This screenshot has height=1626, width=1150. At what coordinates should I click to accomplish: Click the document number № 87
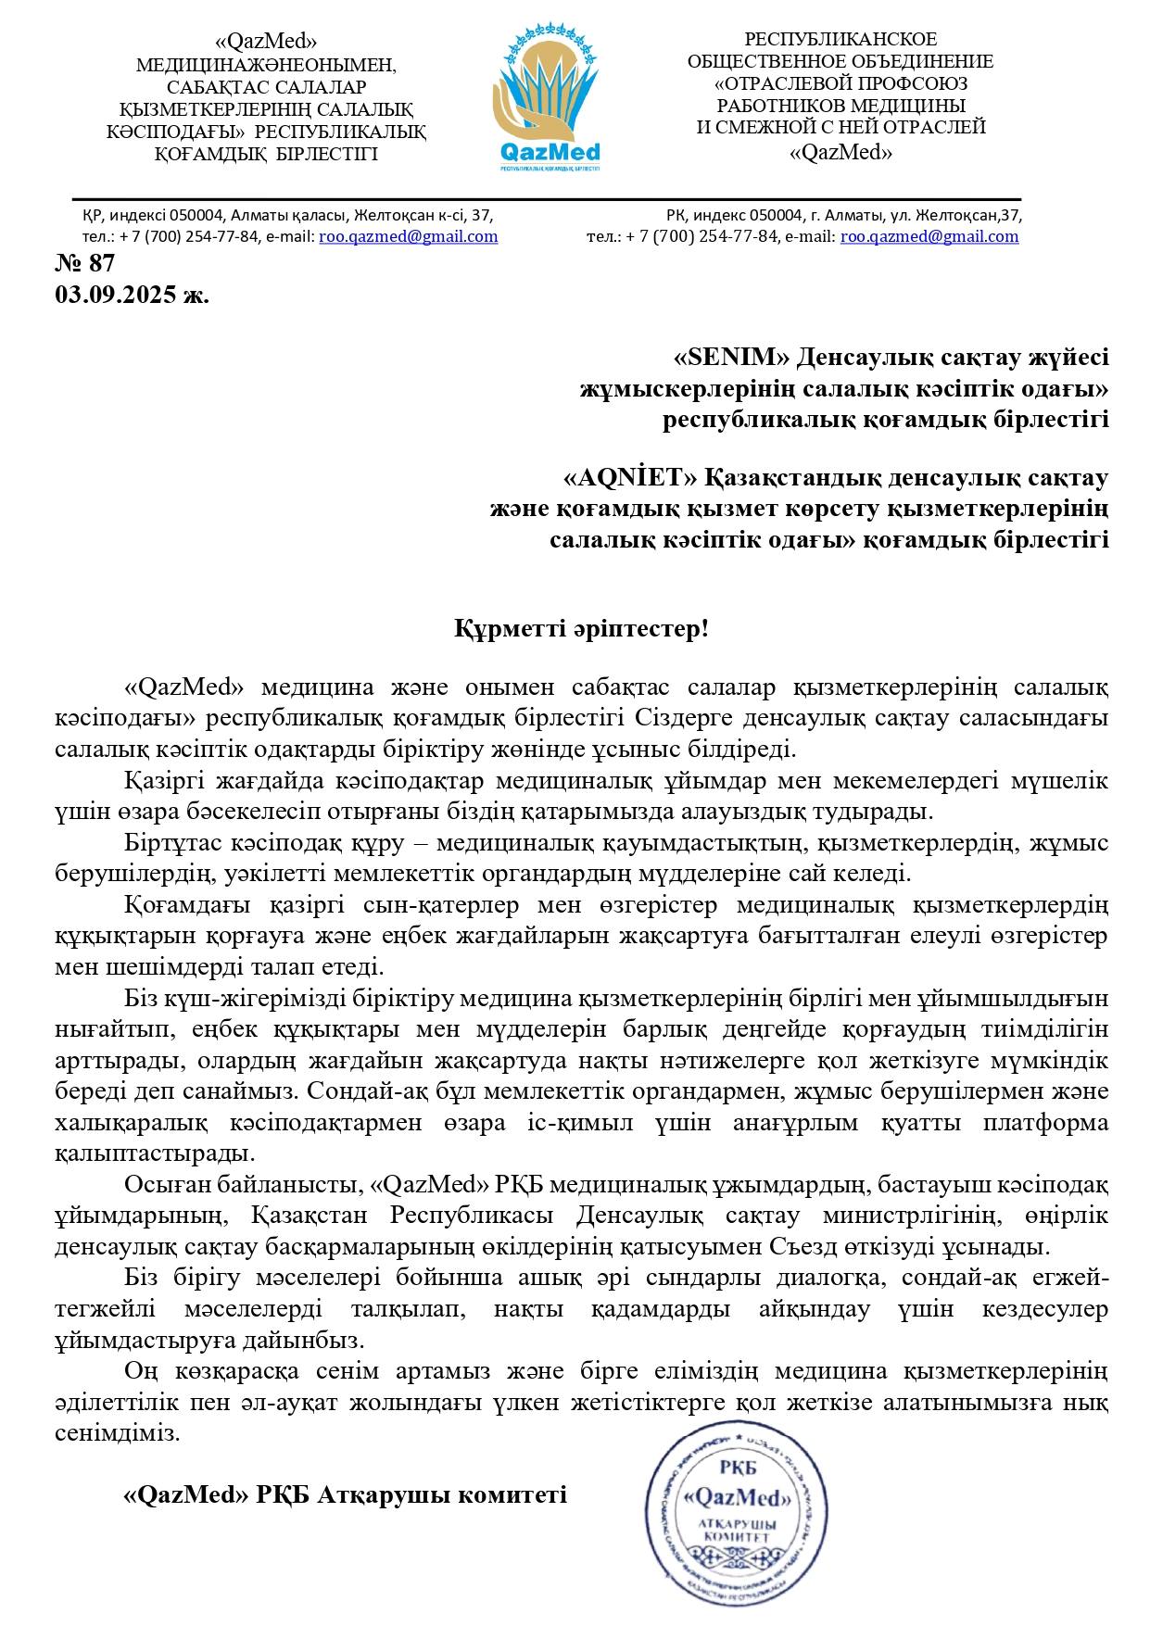pyautogui.click(x=85, y=264)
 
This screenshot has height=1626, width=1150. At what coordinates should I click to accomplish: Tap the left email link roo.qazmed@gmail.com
pyautogui.click(x=409, y=236)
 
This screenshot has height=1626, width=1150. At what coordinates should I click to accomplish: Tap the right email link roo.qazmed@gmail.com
pyautogui.click(x=929, y=236)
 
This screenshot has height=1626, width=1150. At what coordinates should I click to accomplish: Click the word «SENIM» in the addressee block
pyautogui.click(x=732, y=358)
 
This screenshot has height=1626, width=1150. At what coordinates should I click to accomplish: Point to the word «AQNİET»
pyautogui.click(x=630, y=479)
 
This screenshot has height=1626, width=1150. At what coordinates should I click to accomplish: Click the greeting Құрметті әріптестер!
pyautogui.click(x=581, y=630)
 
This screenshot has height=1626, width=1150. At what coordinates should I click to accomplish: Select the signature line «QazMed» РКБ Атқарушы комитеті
pyautogui.click(x=345, y=1494)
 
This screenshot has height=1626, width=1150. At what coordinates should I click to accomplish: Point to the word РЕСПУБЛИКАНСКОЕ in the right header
pyautogui.click(x=840, y=40)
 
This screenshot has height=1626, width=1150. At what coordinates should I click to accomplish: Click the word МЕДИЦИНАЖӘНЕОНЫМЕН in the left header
pyautogui.click(x=266, y=66)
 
